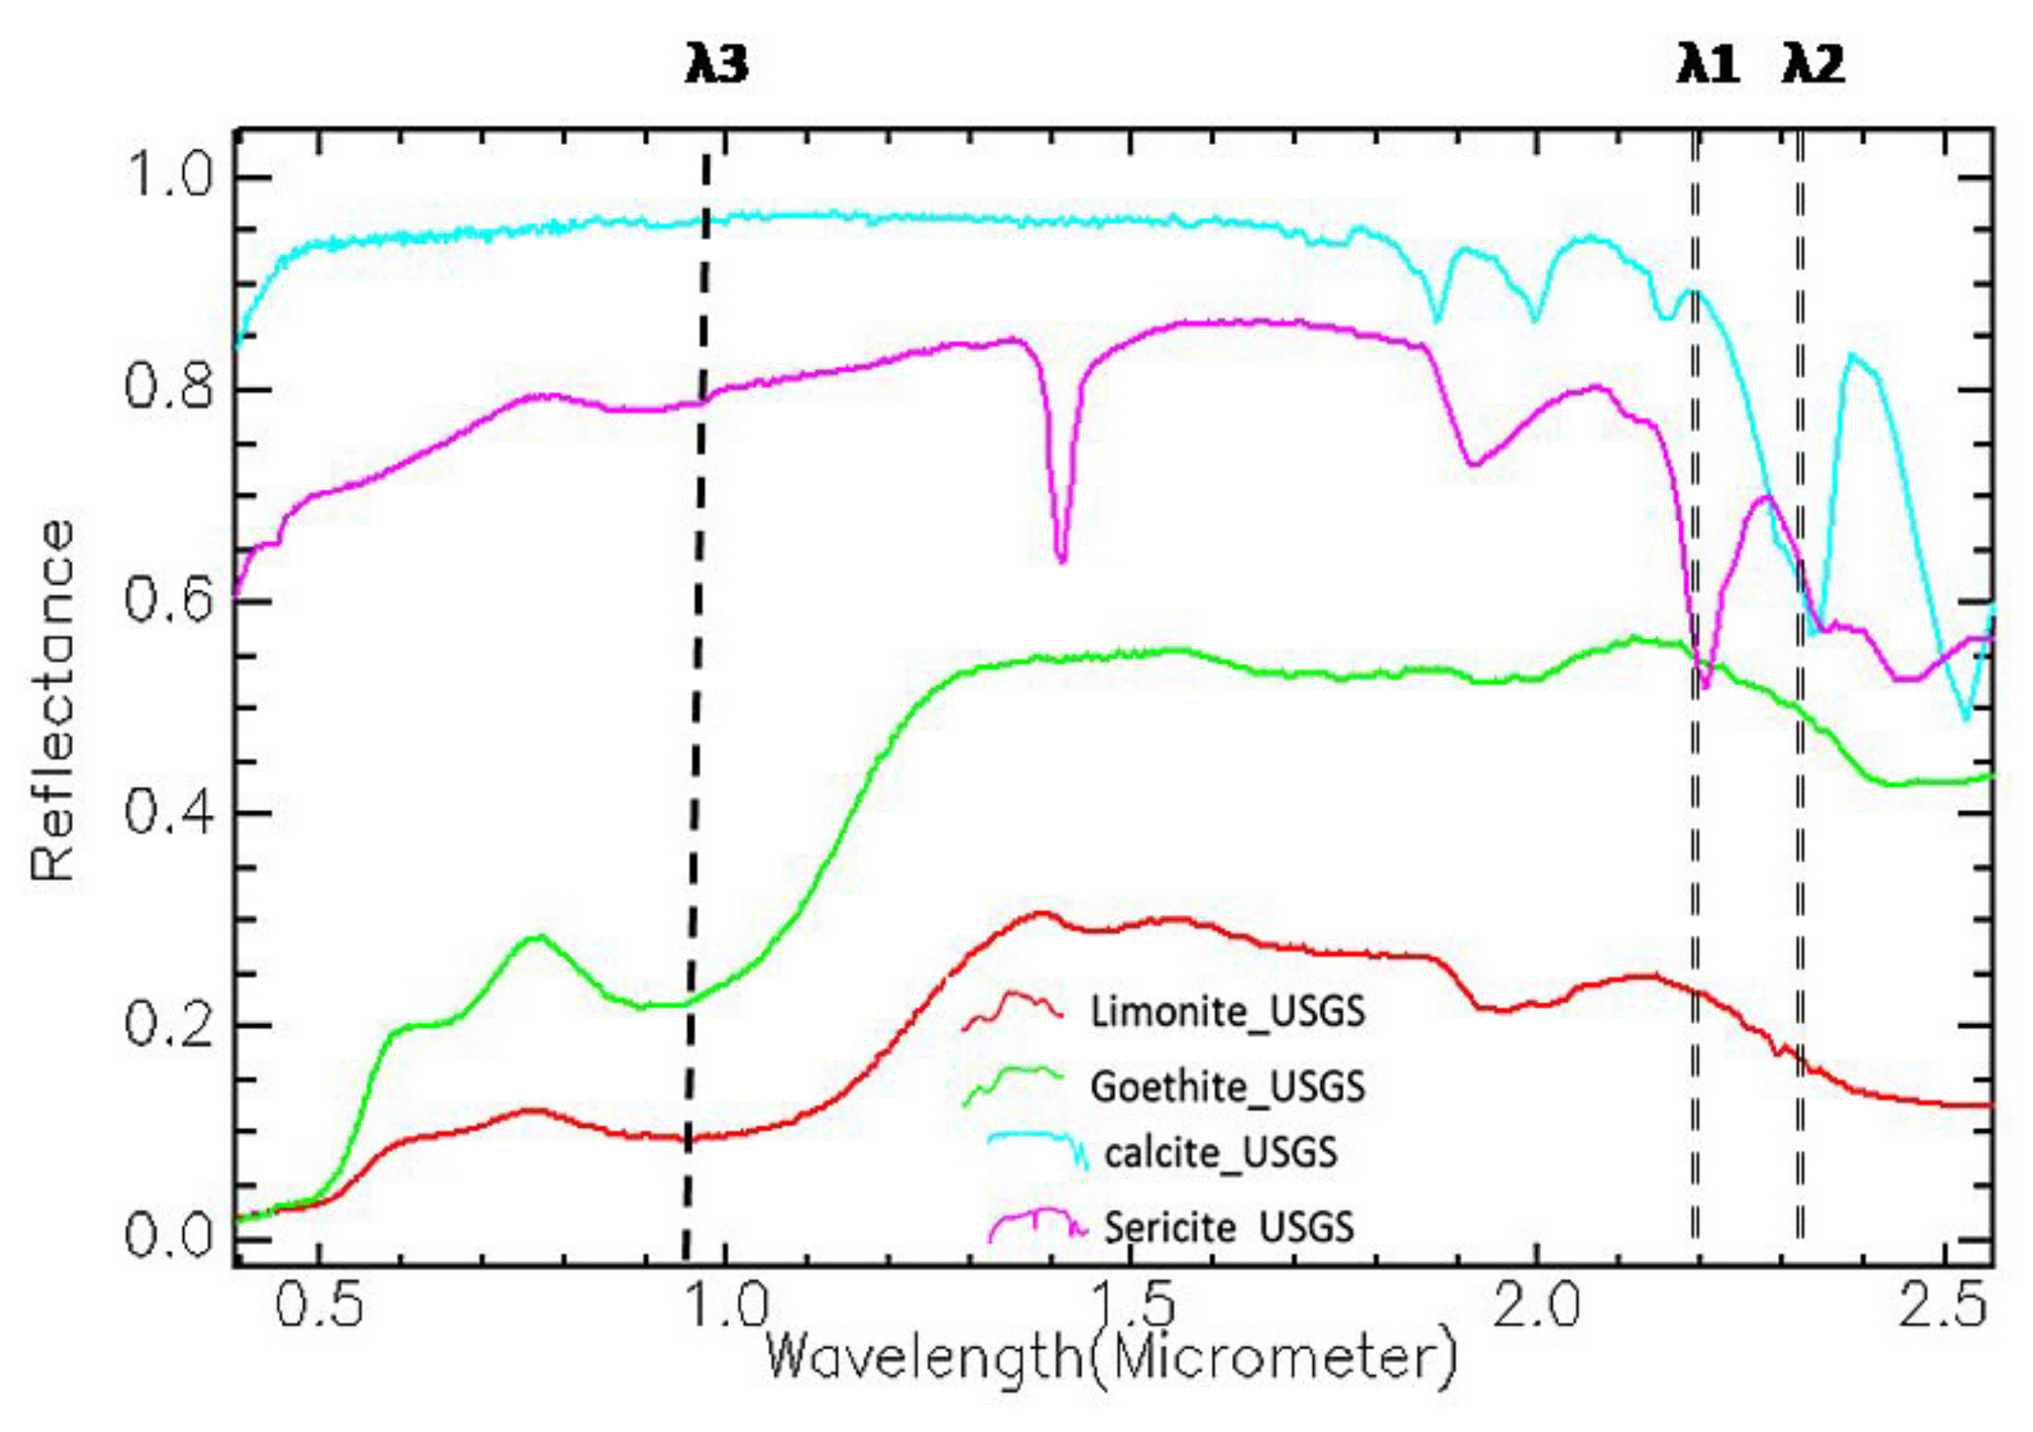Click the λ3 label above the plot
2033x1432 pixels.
coord(716,67)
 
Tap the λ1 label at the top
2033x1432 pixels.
coord(1708,67)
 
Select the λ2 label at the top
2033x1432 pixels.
coord(1813,67)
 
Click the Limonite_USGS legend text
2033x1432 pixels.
coord(1228,1011)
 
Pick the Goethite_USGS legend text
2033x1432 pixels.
coord(1228,1087)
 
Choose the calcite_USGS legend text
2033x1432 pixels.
coord(1220,1154)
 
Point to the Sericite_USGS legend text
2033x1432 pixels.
coord(1229,1229)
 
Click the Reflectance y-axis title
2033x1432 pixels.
coord(52,700)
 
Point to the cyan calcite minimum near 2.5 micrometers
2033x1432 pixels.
coord(1966,717)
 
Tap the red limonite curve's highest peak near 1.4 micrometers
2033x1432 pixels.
coord(1041,913)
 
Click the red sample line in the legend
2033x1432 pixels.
coord(1012,1010)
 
